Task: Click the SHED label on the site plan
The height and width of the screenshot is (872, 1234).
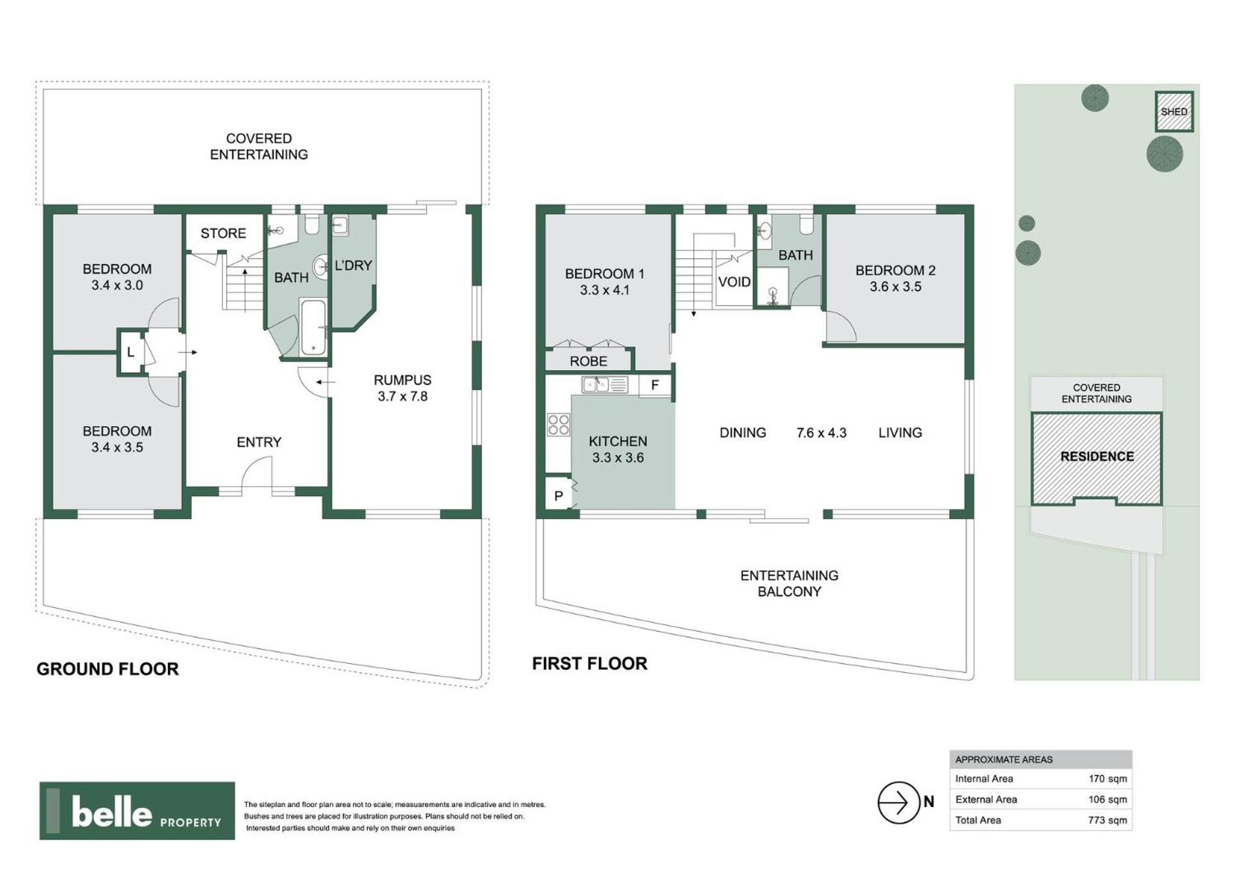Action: [1174, 112]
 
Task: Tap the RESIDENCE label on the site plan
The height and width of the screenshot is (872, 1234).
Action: [1096, 456]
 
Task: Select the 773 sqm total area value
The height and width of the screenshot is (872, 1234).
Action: [1107, 820]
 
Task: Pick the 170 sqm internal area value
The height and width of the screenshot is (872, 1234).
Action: [1107, 779]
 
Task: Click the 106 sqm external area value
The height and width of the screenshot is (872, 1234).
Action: [1107, 799]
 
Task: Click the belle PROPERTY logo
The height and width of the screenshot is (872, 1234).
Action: [137, 811]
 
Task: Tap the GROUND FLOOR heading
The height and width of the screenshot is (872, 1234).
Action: [107, 669]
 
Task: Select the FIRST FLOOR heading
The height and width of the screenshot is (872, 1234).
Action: [589, 663]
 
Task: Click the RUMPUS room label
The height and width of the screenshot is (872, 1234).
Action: [402, 380]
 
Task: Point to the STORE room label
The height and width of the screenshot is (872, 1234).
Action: [223, 233]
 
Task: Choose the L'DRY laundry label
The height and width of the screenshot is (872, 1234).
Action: [353, 265]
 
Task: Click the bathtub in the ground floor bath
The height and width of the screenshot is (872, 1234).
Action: [313, 327]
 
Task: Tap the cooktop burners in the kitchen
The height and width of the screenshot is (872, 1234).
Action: [558, 425]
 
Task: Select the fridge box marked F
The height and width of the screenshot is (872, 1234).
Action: [655, 386]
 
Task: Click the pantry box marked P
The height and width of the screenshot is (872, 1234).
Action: [558, 495]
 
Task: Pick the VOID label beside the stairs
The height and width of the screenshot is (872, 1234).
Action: [734, 282]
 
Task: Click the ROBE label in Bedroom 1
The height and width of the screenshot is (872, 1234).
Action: [588, 361]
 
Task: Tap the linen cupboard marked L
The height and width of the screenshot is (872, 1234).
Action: [130, 352]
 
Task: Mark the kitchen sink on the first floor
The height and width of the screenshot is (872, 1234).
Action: [604, 385]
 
